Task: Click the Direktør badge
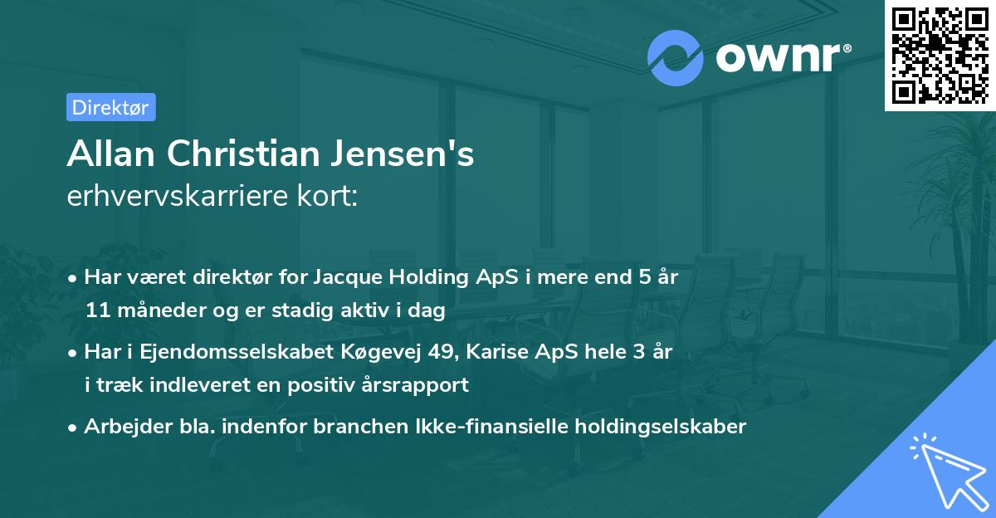(x=110, y=107)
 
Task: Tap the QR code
(x=940, y=55)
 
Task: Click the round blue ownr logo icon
(x=675, y=57)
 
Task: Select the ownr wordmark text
(x=781, y=57)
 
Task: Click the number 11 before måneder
(x=96, y=310)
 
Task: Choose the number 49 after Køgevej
(x=437, y=352)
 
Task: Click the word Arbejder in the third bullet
(x=121, y=427)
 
